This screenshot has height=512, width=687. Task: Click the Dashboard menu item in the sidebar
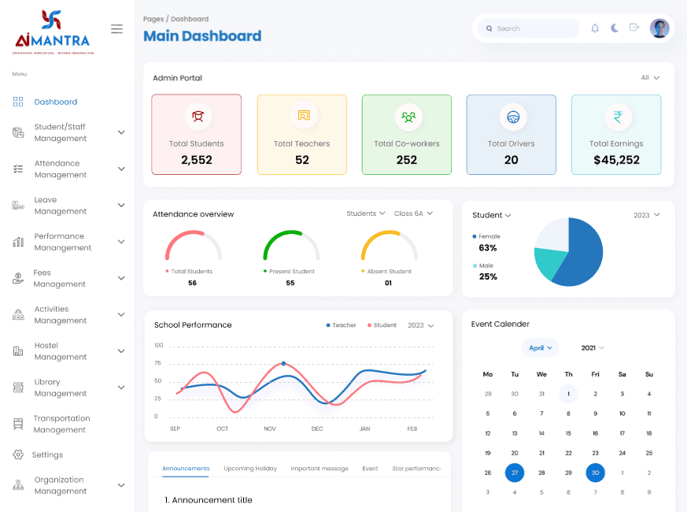[x=55, y=102]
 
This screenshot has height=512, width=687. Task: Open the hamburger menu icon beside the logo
[x=116, y=29]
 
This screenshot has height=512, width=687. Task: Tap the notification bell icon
[x=595, y=28]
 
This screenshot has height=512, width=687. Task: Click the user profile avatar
[x=659, y=28]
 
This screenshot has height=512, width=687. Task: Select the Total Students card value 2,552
[x=196, y=160]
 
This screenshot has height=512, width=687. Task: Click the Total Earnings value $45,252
[x=616, y=160]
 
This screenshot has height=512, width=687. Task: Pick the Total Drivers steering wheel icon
[x=512, y=117]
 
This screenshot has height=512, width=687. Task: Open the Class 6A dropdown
[x=413, y=213]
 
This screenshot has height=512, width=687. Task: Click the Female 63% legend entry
[x=489, y=243]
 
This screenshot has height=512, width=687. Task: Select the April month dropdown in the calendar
[x=540, y=347]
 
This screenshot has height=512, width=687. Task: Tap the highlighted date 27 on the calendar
[x=515, y=473]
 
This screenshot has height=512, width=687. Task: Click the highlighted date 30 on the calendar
[x=596, y=473]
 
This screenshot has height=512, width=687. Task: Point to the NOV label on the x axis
[x=270, y=429]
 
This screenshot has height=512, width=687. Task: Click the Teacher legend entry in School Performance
[x=341, y=325]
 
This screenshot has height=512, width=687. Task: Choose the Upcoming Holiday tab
[x=250, y=469]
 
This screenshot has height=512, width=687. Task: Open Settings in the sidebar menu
[x=47, y=454]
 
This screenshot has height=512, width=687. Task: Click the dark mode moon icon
[x=615, y=28]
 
